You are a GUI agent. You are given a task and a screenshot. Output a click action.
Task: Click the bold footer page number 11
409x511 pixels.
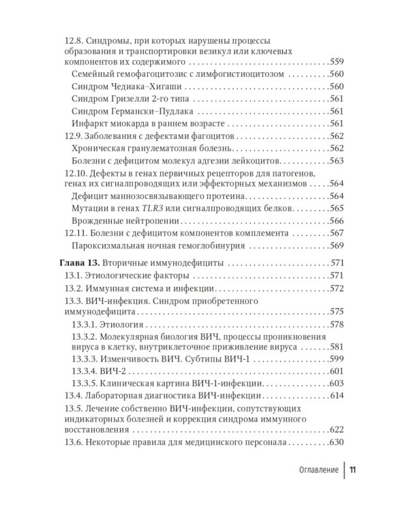point(354,470)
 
